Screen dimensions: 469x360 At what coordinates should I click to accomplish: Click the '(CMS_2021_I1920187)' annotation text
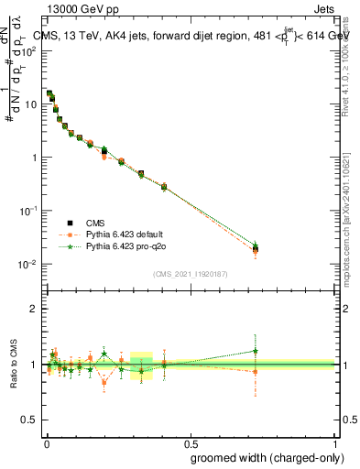[x=191, y=273]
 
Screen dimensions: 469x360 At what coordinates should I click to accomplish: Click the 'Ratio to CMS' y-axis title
[x=12, y=365]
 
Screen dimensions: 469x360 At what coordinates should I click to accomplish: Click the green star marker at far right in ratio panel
[x=256, y=351]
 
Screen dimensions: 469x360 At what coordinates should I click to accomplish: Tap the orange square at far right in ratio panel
[x=256, y=371]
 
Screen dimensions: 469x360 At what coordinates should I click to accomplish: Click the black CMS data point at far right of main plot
[x=256, y=249]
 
